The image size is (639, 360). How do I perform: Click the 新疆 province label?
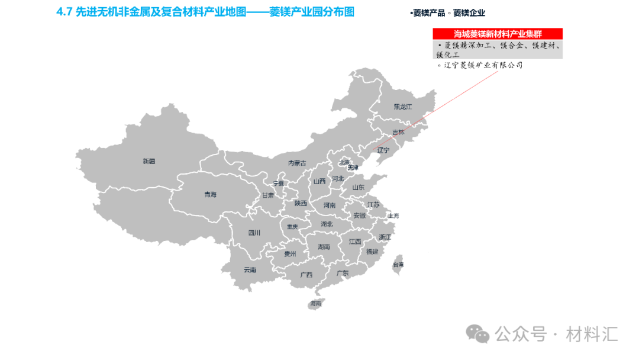(149, 161)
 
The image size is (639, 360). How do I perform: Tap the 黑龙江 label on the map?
(402, 107)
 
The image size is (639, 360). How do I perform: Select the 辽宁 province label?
(383, 150)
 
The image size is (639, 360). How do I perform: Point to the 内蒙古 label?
(297, 163)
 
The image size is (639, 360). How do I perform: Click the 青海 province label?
(210, 194)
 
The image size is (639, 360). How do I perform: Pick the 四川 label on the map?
(254, 233)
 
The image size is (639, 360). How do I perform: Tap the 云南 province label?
(250, 270)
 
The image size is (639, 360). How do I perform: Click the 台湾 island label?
(398, 265)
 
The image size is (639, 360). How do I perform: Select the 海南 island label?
(315, 304)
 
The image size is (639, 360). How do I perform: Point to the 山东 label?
(359, 188)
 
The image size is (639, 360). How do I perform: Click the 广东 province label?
(343, 273)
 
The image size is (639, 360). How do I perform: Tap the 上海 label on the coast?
(393, 216)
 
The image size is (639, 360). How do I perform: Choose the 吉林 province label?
(398, 133)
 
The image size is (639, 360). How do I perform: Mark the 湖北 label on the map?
(327, 224)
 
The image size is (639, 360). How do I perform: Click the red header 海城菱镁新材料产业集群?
(497, 34)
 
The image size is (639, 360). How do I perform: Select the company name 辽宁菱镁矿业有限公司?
(483, 65)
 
